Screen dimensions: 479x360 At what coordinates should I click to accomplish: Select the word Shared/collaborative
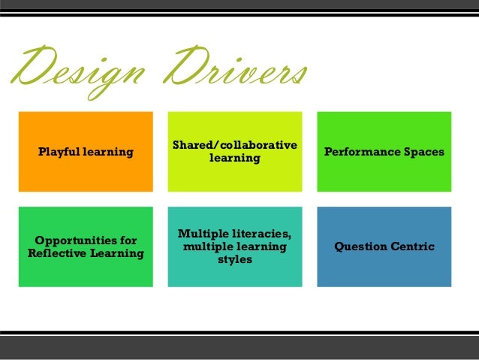pyautogui.click(x=234, y=145)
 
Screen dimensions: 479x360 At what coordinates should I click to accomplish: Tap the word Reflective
pyautogui.click(x=64, y=253)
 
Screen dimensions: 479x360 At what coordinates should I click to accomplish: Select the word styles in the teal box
pyautogui.click(x=234, y=260)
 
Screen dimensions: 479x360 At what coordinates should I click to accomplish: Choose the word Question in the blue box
pyautogui.click(x=359, y=247)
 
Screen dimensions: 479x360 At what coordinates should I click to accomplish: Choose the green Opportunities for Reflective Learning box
pyautogui.click(x=86, y=274)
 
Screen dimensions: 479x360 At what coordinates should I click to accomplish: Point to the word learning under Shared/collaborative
pyautogui.click(x=234, y=159)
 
